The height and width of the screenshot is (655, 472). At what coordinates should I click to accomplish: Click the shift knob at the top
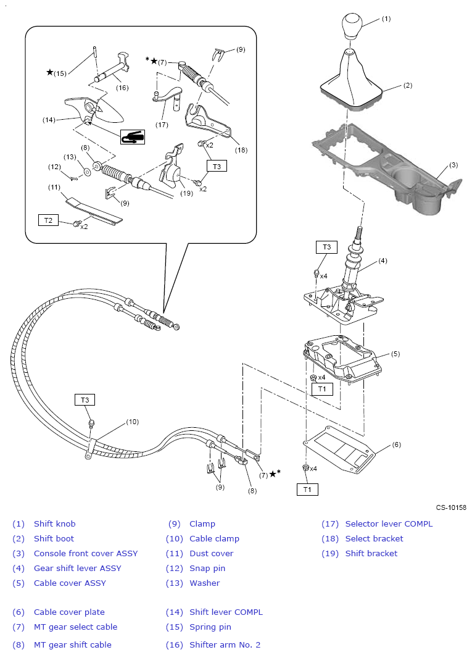click(x=349, y=27)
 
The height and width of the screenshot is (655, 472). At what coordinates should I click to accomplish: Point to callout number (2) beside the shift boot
click(x=408, y=86)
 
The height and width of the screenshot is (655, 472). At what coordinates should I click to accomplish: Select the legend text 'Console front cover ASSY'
click(x=86, y=553)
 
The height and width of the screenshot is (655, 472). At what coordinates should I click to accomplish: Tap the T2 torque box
click(x=49, y=219)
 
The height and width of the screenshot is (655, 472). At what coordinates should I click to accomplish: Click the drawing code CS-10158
click(x=451, y=507)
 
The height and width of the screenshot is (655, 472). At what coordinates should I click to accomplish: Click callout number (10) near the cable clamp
click(x=133, y=422)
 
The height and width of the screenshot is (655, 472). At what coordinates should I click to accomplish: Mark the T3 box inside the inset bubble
click(x=217, y=165)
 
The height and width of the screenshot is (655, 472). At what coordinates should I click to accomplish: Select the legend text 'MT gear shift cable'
click(x=72, y=645)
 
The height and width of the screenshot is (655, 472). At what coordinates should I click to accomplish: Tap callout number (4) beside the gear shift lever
click(x=383, y=261)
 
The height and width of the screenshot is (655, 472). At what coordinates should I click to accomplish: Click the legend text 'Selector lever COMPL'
click(x=389, y=524)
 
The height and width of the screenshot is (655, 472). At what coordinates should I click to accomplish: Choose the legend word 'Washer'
click(x=204, y=583)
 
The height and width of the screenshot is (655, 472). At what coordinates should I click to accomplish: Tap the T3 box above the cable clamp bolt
click(x=85, y=399)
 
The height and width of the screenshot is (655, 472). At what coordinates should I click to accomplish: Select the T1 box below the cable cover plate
click(x=308, y=490)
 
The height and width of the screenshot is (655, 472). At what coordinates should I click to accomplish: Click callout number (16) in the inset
click(x=122, y=88)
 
